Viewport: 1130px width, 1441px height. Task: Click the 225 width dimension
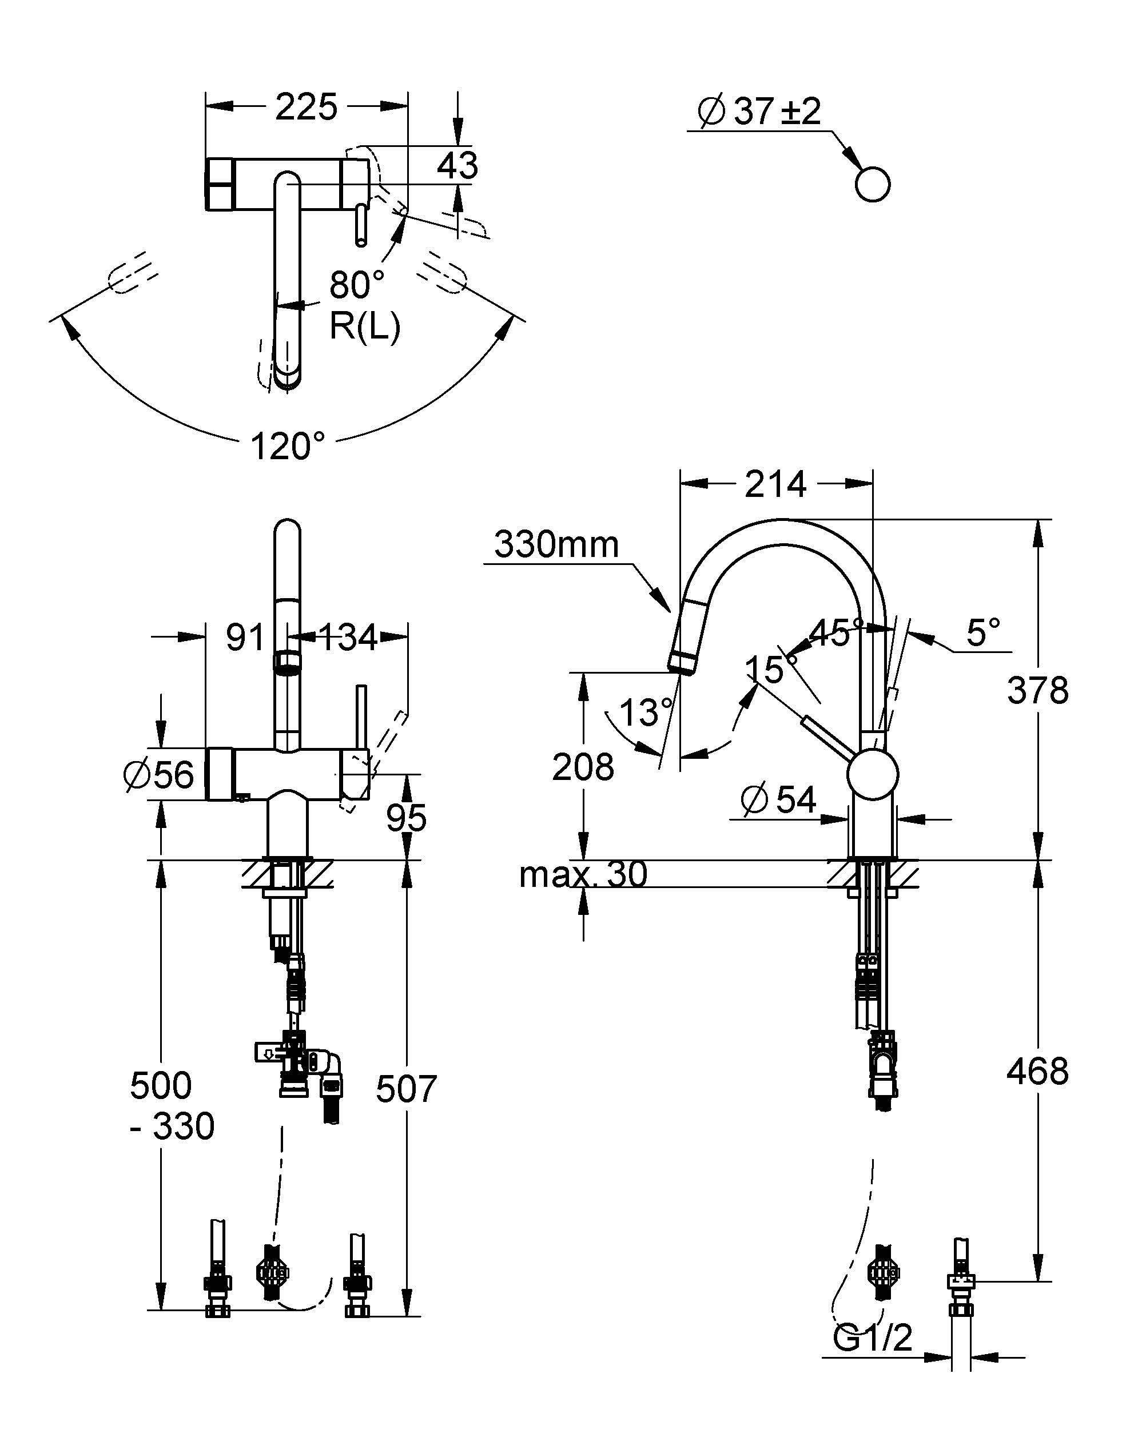tap(307, 106)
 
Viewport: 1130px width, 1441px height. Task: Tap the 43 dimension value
tap(457, 165)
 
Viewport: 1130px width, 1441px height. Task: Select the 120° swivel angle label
tap(288, 446)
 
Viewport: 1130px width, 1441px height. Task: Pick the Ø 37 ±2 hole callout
tap(759, 111)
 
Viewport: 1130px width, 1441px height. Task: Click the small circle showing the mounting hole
tap(872, 185)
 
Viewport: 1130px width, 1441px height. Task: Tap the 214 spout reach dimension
tap(775, 484)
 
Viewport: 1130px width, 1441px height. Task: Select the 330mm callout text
tap(556, 545)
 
